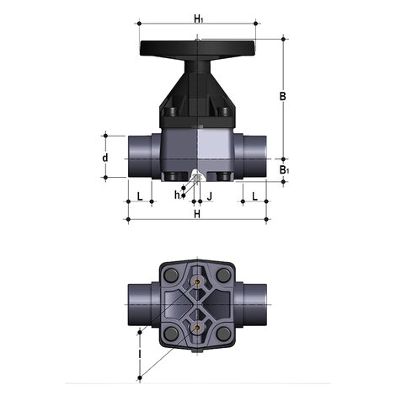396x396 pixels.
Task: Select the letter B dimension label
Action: pos(283,96)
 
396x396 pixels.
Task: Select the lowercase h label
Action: pos(177,195)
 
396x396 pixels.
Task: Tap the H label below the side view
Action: pos(197,214)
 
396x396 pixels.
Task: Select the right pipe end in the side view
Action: pos(256,156)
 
